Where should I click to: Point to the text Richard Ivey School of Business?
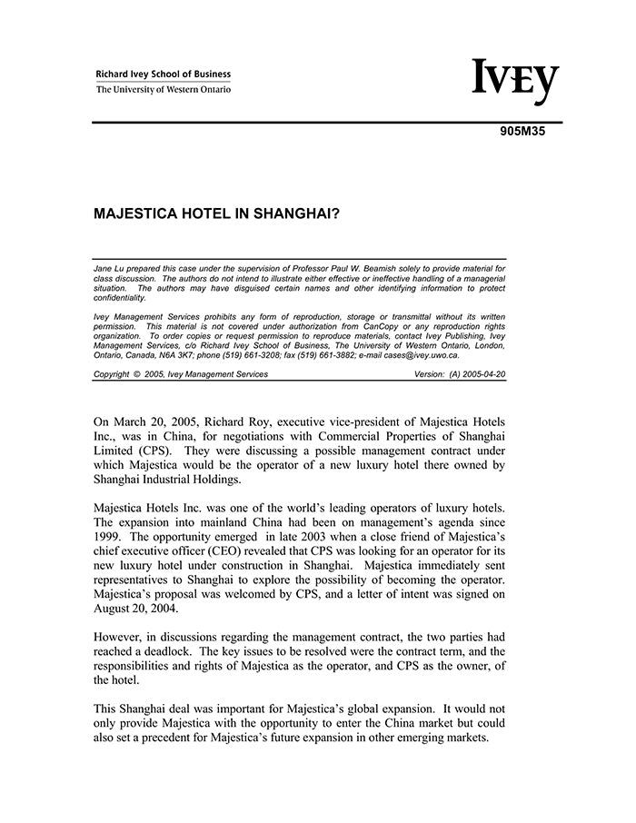coord(164,74)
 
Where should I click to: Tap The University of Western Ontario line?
coord(164,89)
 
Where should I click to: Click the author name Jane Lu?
coord(110,270)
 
